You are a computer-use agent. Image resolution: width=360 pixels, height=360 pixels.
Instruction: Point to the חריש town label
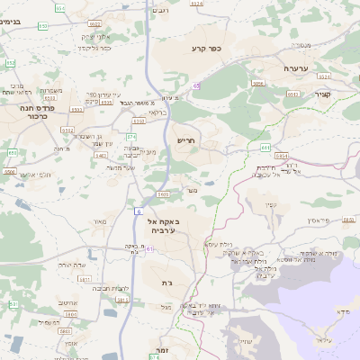(184, 139)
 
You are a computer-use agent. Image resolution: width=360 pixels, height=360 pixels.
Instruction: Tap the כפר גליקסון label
(92, 48)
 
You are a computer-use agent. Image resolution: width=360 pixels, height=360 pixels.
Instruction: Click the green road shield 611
(265, 146)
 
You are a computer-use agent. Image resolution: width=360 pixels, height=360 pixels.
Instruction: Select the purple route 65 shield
(195, 84)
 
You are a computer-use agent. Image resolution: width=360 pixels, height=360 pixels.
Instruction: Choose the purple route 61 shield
(151, 249)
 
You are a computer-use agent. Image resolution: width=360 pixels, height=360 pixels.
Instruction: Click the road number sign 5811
(85, 280)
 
